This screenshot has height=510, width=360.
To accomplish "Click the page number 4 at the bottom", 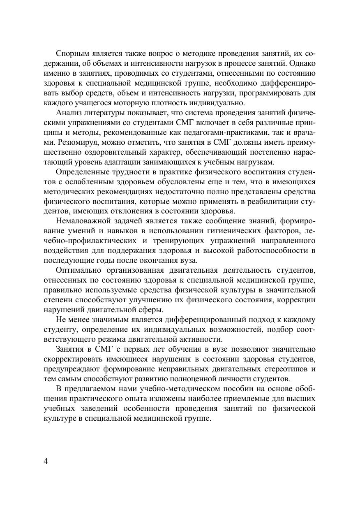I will coord(46,461).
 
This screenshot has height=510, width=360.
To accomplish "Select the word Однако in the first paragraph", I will coord(302,64).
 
